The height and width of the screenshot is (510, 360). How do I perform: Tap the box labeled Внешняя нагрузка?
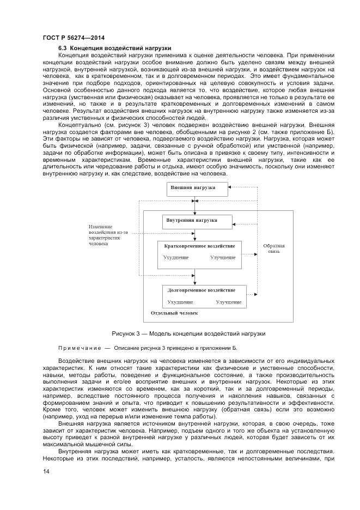coord(193,188)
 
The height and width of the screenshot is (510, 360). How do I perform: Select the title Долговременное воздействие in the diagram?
coord(202,290)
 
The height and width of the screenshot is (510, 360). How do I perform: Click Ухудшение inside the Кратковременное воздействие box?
coord(176,257)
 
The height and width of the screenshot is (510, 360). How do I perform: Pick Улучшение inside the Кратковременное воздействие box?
coord(223,257)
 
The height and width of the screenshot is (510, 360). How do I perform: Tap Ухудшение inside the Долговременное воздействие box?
coord(180,301)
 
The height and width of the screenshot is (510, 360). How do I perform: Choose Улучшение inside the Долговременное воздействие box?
coord(228,301)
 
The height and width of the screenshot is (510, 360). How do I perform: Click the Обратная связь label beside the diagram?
coord(273,248)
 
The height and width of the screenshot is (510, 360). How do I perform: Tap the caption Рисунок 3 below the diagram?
coord(188,333)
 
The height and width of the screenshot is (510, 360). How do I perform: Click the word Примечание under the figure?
coord(80,348)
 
